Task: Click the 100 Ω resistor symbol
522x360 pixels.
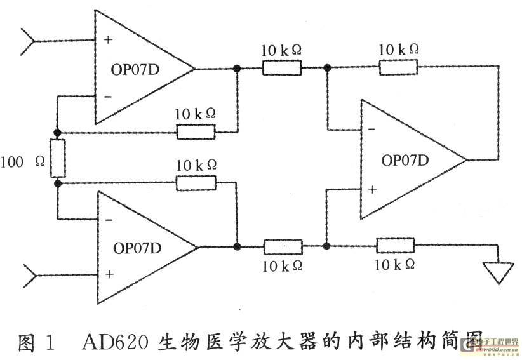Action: [x=58, y=158]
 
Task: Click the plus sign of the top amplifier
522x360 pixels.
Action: [x=108, y=39]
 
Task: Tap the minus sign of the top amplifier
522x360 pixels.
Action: [x=108, y=97]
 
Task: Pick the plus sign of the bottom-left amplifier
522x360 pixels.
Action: [x=109, y=274]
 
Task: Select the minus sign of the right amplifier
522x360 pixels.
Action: [x=371, y=129]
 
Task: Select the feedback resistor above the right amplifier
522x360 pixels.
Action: [x=398, y=67]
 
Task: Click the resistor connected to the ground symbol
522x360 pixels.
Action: [x=395, y=246]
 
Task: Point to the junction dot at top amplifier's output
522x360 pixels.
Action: [x=237, y=68]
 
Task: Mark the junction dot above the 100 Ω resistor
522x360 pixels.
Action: [x=58, y=132]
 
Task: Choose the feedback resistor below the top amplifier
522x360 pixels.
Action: [x=196, y=132]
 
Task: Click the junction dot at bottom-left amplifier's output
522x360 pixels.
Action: [x=237, y=246]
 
